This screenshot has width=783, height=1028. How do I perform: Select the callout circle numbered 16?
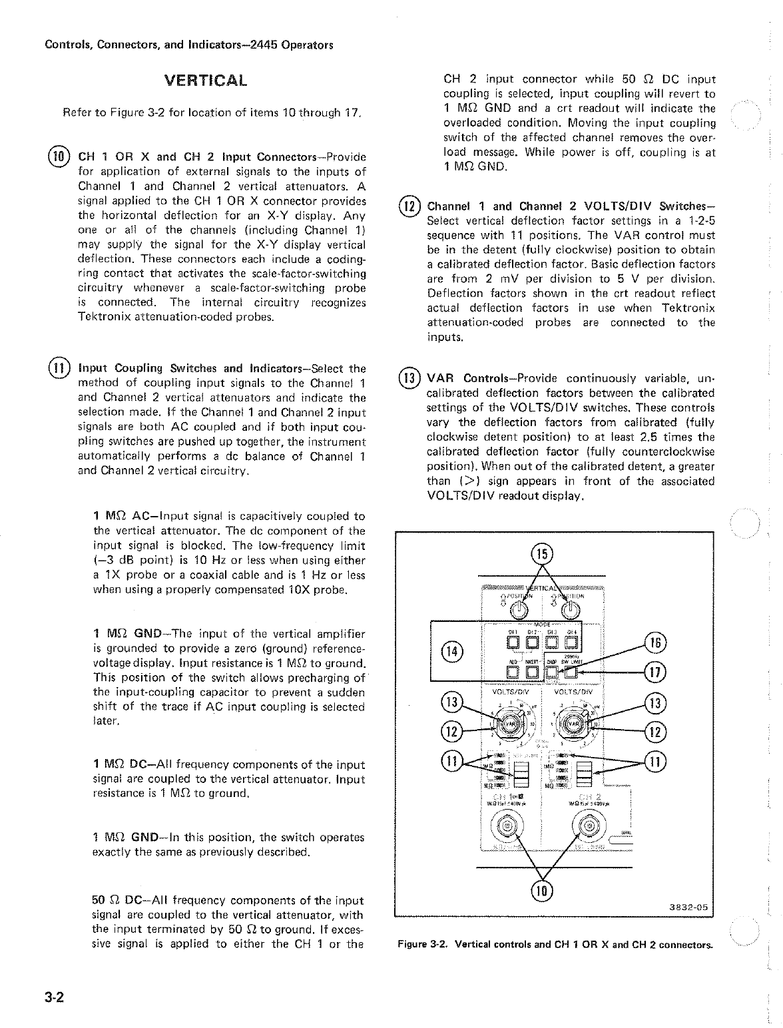click(656, 643)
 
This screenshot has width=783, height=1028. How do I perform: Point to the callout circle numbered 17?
click(656, 672)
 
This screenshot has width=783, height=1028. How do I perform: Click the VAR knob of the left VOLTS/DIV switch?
click(509, 724)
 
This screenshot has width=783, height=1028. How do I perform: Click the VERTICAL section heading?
click(206, 81)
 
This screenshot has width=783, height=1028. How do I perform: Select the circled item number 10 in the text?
click(58, 157)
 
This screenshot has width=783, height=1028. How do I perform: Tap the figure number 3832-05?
click(688, 907)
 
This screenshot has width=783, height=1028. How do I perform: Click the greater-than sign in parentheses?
click(469, 481)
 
